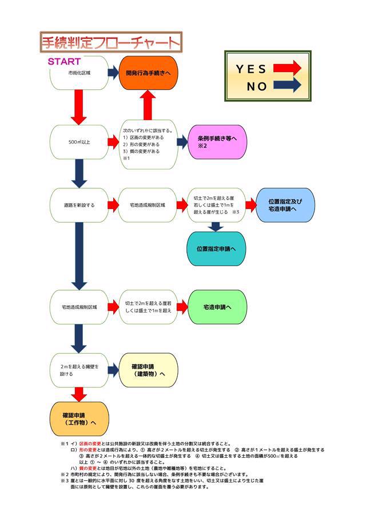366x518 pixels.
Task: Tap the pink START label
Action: click(x=63, y=61)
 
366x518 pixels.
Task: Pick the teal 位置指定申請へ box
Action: click(x=216, y=249)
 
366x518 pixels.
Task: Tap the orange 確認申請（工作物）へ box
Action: click(x=79, y=418)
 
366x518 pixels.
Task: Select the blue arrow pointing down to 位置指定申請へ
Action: click(x=216, y=227)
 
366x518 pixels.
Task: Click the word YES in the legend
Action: click(x=251, y=69)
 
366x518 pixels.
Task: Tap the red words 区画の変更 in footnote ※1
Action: click(x=90, y=443)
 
